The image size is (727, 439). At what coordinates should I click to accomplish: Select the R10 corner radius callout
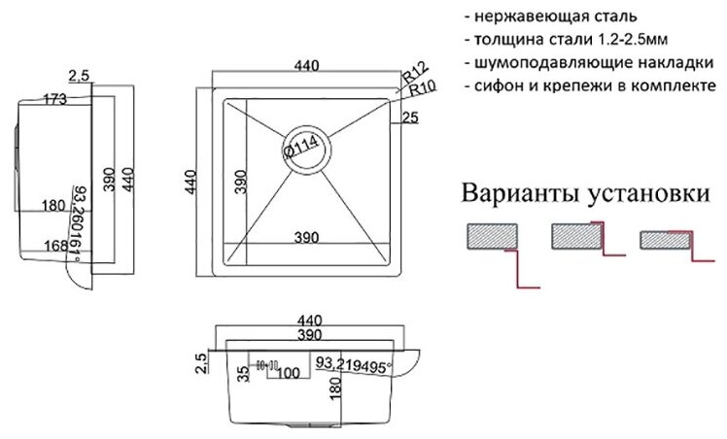point(421,88)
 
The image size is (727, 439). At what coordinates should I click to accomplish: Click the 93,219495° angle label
point(351,366)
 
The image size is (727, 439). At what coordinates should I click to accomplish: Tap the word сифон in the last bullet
point(502,87)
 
